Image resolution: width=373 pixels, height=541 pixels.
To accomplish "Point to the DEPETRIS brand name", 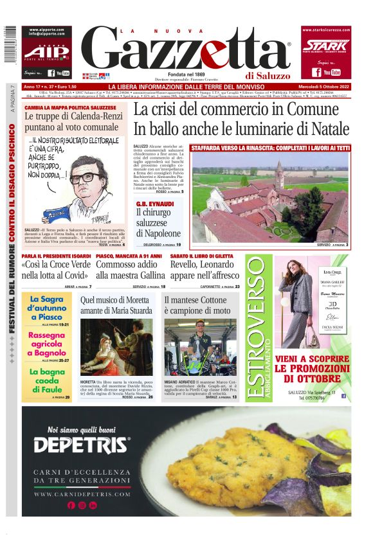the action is tap(82, 445).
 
